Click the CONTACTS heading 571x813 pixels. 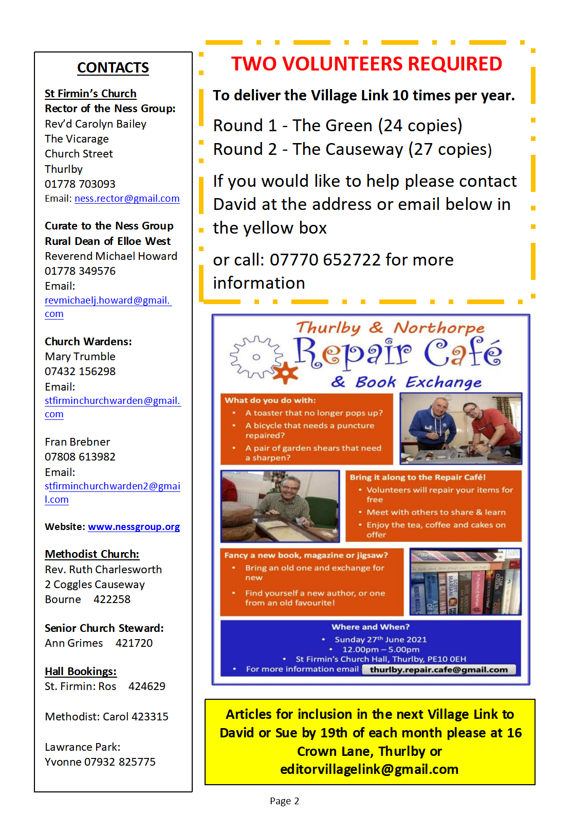click(113, 67)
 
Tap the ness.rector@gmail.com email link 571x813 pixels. click(127, 199)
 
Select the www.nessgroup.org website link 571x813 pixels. click(134, 527)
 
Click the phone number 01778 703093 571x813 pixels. click(80, 184)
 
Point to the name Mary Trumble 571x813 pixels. click(80, 356)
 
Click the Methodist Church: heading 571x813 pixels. click(92, 554)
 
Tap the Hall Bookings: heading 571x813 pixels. click(80, 671)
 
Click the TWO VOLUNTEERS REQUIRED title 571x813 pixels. click(366, 64)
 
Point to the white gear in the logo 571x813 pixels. click(256, 357)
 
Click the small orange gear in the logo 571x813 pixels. click(286, 373)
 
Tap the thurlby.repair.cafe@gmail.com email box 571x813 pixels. click(438, 669)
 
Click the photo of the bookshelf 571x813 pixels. click(465, 581)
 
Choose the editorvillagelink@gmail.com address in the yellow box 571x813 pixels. click(369, 769)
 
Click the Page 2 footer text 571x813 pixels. click(284, 801)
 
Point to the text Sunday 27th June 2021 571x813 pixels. click(380, 640)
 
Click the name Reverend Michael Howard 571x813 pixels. click(111, 256)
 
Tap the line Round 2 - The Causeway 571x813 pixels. click(352, 149)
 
